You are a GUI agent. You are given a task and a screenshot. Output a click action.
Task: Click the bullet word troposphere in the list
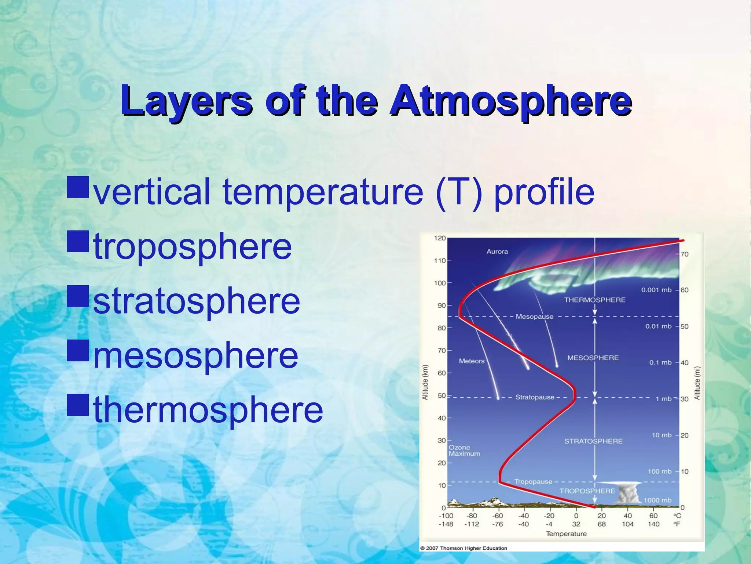pyautogui.click(x=193, y=246)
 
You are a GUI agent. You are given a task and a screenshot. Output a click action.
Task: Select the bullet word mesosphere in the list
pyautogui.click(x=196, y=355)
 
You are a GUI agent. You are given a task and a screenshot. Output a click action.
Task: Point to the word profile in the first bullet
pyautogui.click(x=544, y=191)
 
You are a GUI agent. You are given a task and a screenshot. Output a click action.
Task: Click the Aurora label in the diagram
pyautogui.click(x=497, y=252)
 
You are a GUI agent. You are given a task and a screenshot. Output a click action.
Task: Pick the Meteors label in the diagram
pyautogui.click(x=472, y=361)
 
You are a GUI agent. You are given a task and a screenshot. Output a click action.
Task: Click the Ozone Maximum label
pyautogui.click(x=464, y=451)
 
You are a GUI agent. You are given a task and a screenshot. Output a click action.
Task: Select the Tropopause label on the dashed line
pyautogui.click(x=533, y=481)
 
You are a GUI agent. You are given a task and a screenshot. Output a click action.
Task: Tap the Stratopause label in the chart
pyautogui.click(x=535, y=397)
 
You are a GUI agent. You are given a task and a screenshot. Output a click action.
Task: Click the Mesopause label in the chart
pyautogui.click(x=534, y=317)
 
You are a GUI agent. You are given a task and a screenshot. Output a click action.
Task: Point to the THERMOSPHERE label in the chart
pyautogui.click(x=594, y=300)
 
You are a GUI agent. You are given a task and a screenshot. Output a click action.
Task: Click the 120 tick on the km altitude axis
pyautogui.click(x=440, y=238)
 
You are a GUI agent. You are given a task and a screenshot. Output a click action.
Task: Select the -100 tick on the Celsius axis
pyautogui.click(x=446, y=516)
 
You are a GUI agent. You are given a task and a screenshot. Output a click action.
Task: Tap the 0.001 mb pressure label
pyautogui.click(x=656, y=290)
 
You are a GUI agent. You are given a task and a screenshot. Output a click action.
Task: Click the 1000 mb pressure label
pyautogui.click(x=657, y=500)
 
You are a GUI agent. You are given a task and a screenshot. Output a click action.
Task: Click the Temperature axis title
pyautogui.click(x=566, y=534)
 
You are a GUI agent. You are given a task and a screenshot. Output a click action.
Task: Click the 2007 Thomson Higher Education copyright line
pyautogui.click(x=464, y=548)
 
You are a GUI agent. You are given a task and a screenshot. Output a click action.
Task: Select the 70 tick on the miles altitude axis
pyautogui.click(x=684, y=254)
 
